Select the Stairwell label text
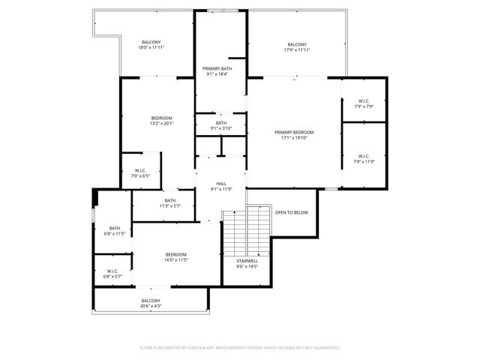pos(247,261)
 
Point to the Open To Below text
pos(291,212)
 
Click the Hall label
pos(221,183)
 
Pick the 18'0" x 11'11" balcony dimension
pos(151,47)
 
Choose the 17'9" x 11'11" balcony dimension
pos(296,50)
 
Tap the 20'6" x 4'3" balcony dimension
pos(150,306)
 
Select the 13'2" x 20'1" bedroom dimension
pos(162,124)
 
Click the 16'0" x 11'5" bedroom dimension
pos(176,260)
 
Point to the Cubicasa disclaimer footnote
pos(240,347)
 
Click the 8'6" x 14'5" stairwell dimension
pos(247,266)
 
